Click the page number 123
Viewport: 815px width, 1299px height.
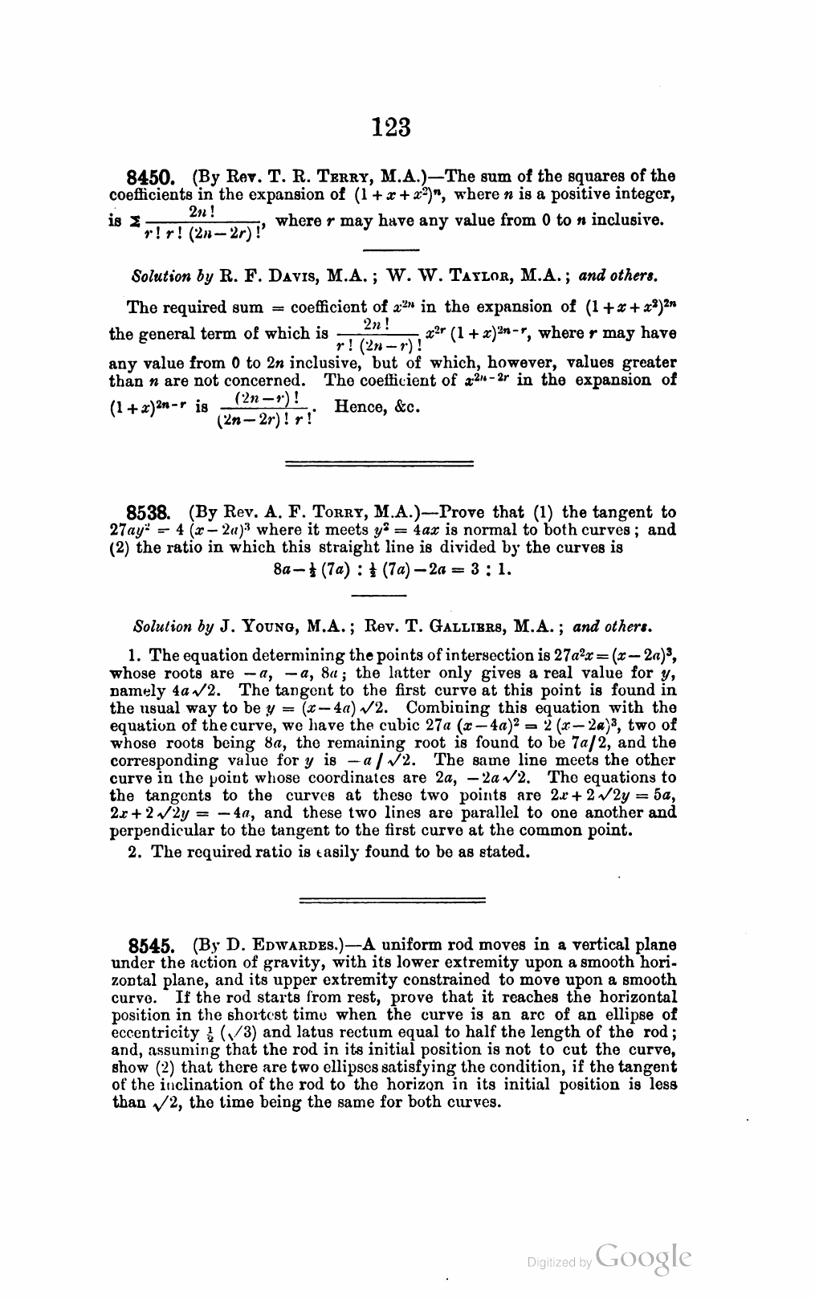(x=392, y=127)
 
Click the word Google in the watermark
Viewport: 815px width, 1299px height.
(x=643, y=1258)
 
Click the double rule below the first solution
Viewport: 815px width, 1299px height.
(x=380, y=463)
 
